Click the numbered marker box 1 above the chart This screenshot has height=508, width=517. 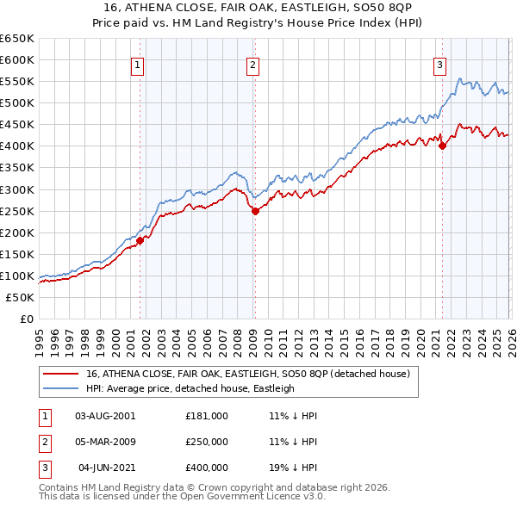138,64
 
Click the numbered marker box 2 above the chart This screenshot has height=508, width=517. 253,64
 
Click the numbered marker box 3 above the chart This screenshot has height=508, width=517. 440,64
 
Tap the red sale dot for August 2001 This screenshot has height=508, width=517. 140,240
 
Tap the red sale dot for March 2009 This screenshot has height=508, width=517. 255,211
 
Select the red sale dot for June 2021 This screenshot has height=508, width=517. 442,146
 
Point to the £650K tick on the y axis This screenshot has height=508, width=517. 17,39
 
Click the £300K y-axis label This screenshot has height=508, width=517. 17,189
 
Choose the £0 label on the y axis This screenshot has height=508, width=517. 26,319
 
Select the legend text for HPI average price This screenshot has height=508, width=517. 190,388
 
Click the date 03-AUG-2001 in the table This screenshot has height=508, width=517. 105,415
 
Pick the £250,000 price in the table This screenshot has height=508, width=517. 207,442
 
